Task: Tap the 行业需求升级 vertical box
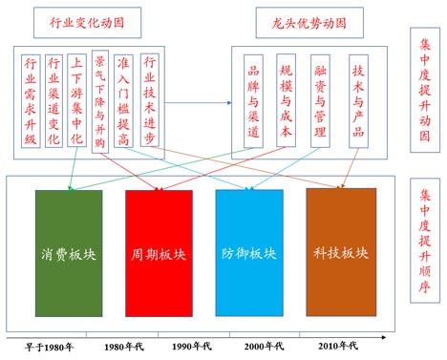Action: coord(31,101)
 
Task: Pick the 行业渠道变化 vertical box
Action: coord(54,101)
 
